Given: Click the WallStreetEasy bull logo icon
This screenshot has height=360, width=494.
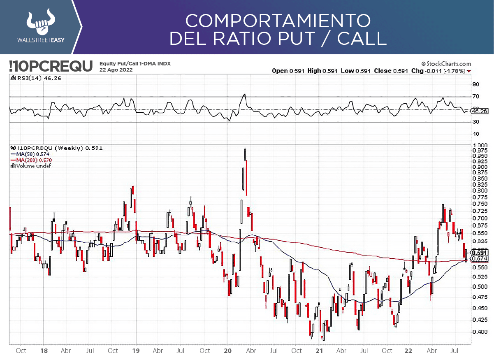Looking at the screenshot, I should click(40, 22).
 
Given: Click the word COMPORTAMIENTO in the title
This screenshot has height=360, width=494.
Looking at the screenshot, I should click(278, 20).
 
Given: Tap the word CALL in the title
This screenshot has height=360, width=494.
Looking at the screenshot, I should click(362, 38).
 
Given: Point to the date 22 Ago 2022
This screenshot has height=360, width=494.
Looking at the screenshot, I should click(116, 70).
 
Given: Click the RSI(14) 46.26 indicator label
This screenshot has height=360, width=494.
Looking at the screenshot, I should click(38, 78).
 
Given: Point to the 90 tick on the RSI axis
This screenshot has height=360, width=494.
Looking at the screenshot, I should click(476, 84).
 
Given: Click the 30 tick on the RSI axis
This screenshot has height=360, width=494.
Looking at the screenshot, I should click(476, 122).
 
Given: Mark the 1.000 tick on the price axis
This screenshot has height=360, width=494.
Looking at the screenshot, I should click(480, 145).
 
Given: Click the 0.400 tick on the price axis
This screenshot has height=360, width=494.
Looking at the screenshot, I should click(480, 332).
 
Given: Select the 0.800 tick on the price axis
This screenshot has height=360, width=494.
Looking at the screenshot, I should click(480, 190).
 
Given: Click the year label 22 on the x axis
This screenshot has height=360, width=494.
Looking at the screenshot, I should click(408, 351).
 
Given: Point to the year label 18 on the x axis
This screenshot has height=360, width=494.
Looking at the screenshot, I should click(44, 351).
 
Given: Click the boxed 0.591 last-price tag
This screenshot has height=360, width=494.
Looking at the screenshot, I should click(480, 253).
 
